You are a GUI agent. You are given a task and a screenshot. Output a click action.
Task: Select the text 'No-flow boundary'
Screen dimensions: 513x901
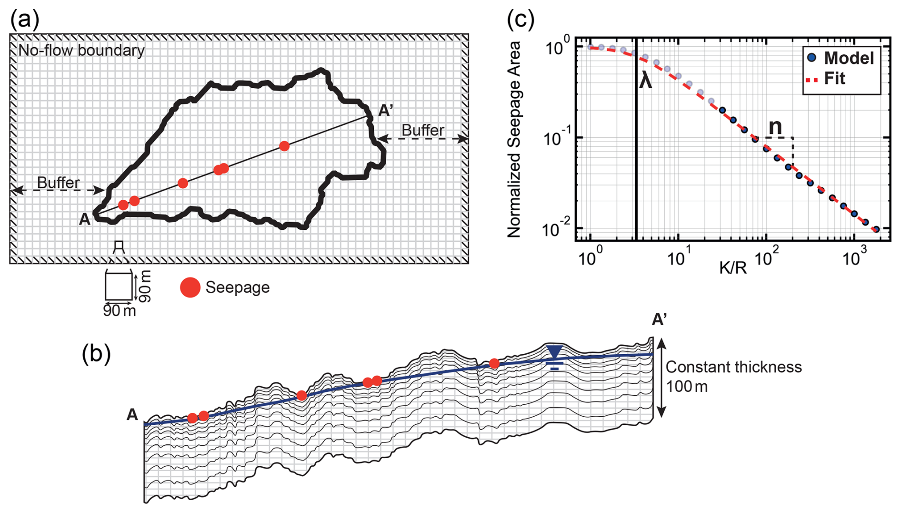pos(81,50)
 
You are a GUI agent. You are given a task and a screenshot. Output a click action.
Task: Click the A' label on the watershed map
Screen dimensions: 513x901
pos(385,111)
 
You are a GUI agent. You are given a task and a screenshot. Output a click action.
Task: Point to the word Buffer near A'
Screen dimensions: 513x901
pos(423,130)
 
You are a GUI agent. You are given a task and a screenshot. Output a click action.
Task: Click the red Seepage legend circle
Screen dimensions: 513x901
pos(190,287)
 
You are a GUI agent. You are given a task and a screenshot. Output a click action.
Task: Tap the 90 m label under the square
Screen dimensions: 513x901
pos(119,311)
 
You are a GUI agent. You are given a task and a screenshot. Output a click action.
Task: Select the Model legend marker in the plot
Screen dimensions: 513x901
pos(812,58)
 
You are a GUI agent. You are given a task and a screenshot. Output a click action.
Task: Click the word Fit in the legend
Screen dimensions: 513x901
pos(834,78)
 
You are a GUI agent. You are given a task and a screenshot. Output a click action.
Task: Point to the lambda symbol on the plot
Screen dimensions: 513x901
pos(645,80)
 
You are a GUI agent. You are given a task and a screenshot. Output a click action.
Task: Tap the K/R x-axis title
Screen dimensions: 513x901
pos(732,267)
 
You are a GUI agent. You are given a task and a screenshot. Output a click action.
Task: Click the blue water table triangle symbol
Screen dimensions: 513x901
pos(554,352)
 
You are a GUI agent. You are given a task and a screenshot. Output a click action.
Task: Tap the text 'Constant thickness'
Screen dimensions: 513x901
pos(733,367)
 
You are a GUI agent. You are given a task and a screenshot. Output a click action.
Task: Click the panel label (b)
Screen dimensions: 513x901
pos(96,354)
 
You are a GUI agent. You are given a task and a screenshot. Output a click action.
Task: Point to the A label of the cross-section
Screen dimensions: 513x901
pos(132,415)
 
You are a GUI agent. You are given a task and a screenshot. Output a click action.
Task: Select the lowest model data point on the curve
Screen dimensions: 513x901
pos(876,229)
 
